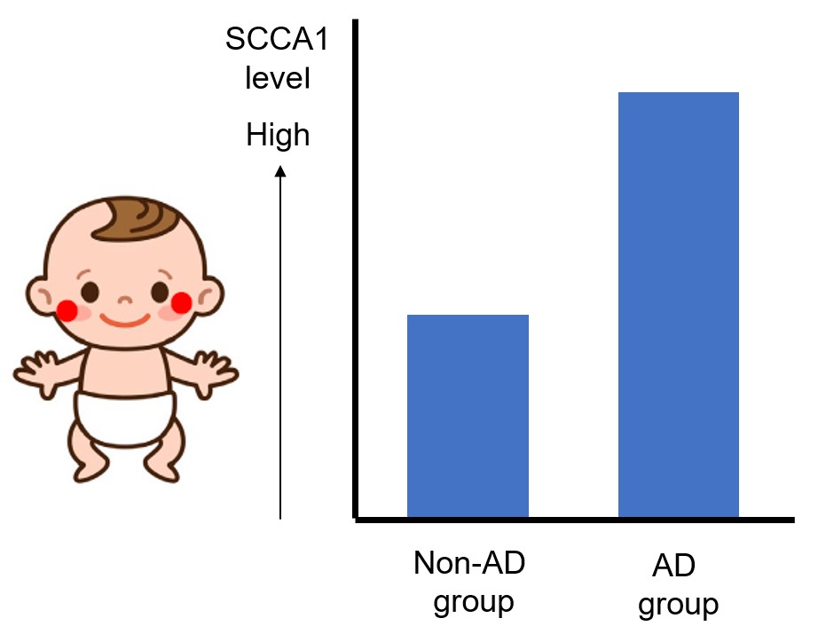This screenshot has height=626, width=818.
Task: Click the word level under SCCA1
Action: [x=279, y=82]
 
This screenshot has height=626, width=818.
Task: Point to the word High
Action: [x=278, y=136]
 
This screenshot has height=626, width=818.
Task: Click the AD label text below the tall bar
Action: [x=673, y=565]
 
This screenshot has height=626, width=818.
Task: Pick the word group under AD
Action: [x=678, y=605]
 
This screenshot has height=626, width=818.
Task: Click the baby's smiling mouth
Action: [x=123, y=317]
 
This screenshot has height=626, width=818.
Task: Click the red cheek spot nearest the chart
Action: [x=182, y=303]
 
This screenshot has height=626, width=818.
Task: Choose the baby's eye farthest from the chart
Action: [x=89, y=291]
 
